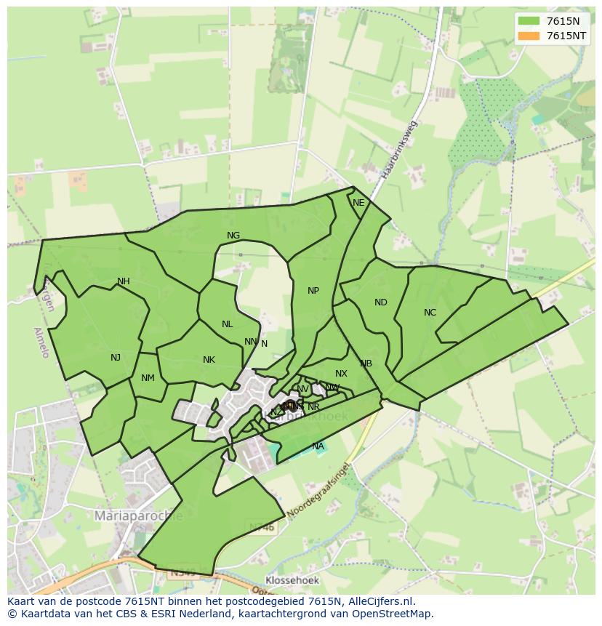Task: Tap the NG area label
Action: point(233,235)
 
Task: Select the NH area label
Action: point(124,281)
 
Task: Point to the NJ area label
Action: point(116,357)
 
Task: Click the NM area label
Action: point(148,377)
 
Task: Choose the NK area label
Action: point(209,359)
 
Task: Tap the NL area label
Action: point(228,324)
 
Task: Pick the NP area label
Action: point(313,290)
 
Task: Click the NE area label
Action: point(358,203)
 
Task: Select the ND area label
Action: point(381,302)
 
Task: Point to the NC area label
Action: point(430,313)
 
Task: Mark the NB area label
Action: point(366,363)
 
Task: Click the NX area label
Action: point(341,373)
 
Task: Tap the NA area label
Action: point(318,446)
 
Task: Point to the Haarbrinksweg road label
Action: point(398,151)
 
